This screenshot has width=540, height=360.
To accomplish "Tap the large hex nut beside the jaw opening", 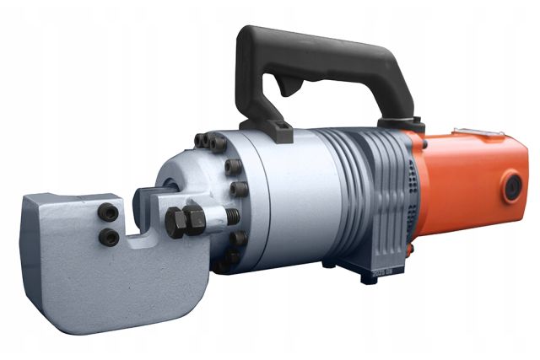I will point(184,221).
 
